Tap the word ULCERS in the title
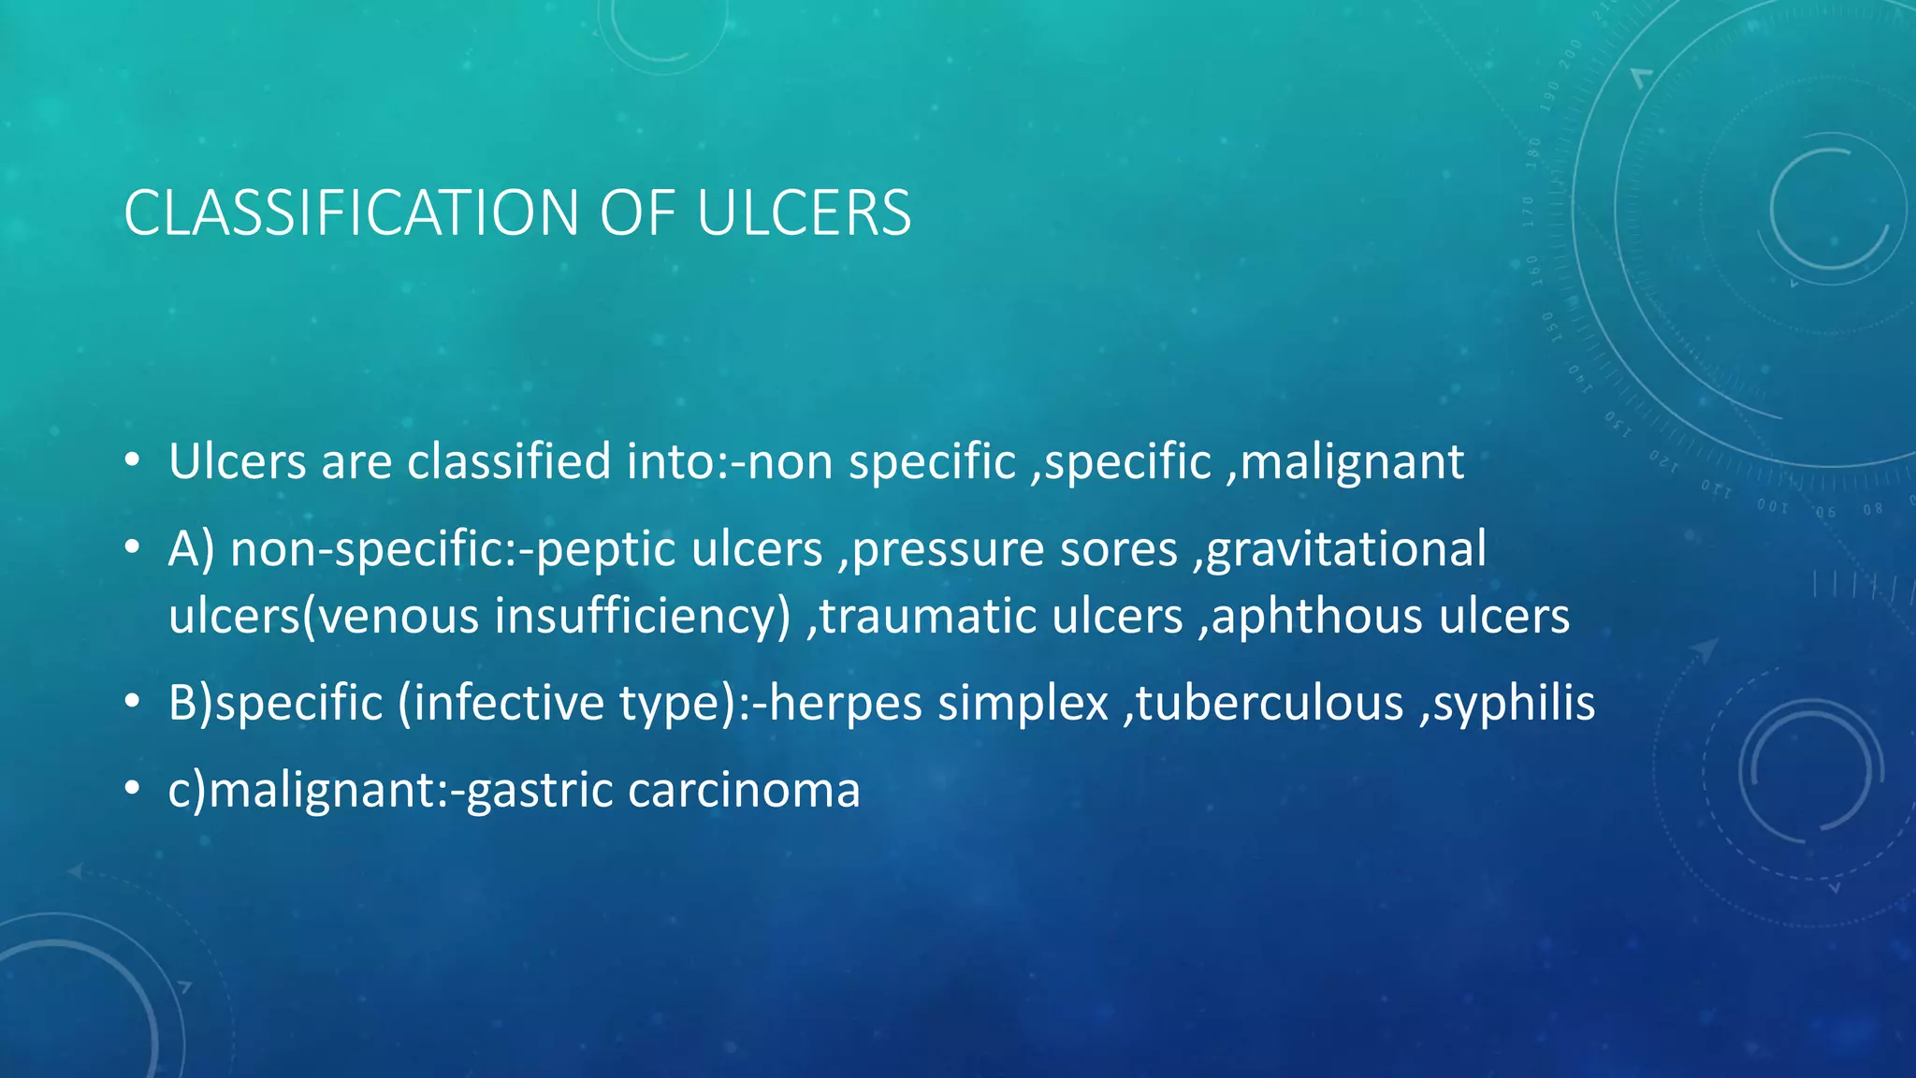click(804, 213)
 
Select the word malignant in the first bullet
click(1352, 462)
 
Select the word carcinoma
click(744, 791)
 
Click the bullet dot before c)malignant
click(133, 790)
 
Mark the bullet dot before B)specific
click(133, 703)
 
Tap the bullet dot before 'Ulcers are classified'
click(133, 461)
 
